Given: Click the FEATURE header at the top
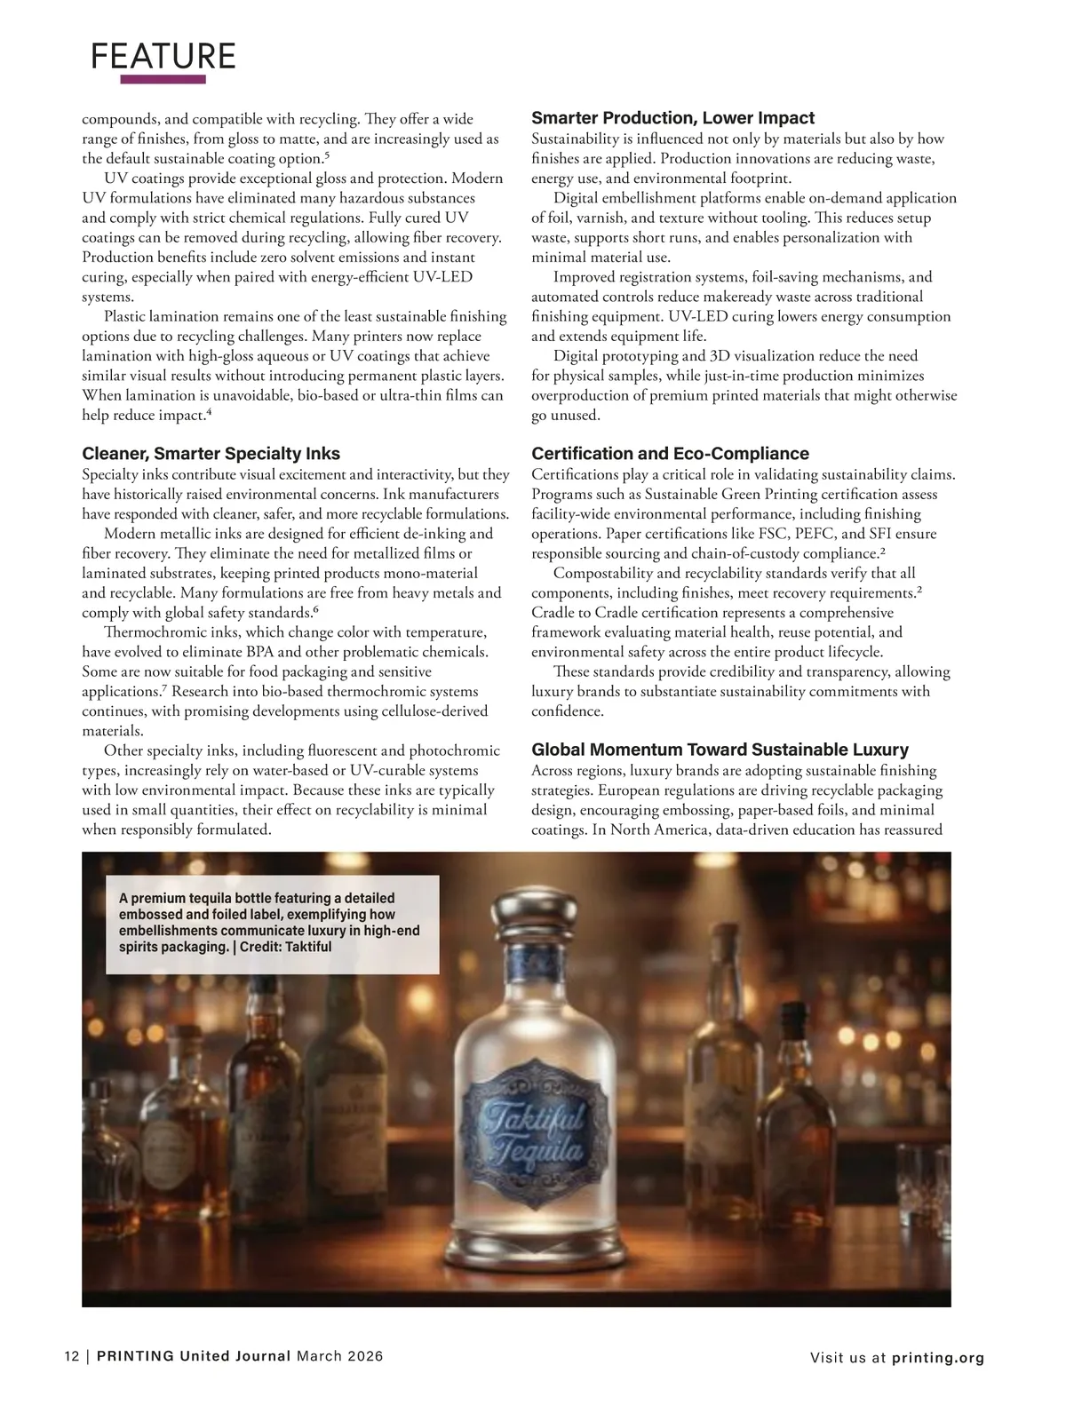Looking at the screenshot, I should point(163,56).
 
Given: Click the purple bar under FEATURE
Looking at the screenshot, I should point(163,80).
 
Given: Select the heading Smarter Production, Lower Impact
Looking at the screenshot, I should point(672,118).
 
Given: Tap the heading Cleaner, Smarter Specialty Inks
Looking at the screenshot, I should point(211,454).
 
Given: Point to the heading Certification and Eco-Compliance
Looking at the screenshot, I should point(670,454).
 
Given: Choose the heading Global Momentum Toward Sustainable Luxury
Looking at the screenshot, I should point(720,750).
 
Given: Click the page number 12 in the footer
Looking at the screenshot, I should point(71,1356).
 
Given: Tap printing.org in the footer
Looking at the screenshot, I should point(938,1357).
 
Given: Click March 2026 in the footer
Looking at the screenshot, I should point(339,1356).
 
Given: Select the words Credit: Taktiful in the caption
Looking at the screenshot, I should point(285,947).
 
